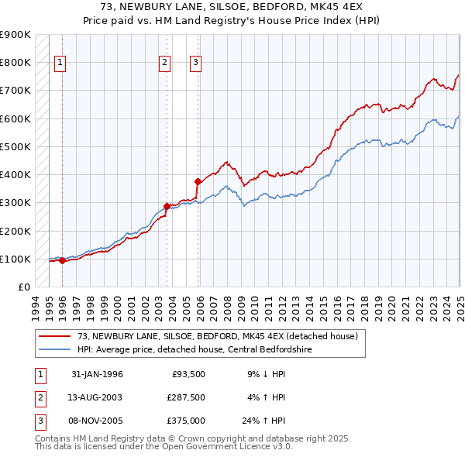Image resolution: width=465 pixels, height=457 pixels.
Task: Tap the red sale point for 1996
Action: coord(62,261)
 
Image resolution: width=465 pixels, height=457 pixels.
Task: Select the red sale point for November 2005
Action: coord(198,182)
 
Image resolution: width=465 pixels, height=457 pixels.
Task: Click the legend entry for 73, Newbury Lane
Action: coord(217,336)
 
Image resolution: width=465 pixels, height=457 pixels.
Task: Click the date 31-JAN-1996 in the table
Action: coord(97,374)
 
